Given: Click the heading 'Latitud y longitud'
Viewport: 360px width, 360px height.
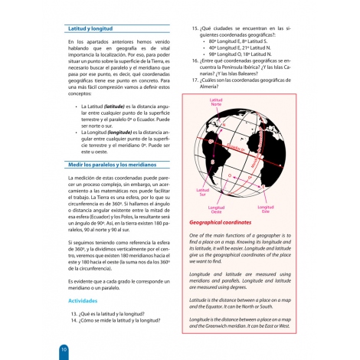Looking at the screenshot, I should click(91, 28).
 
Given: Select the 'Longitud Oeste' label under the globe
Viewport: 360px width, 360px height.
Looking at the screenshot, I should click(217, 209).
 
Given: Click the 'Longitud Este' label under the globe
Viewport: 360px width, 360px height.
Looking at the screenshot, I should click(266, 209).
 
